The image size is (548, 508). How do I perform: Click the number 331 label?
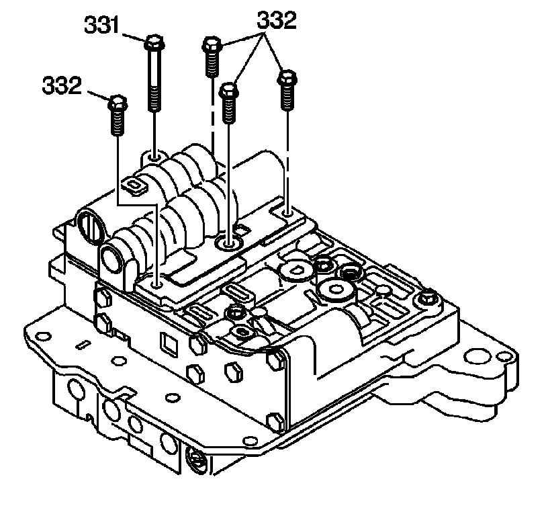click(101, 26)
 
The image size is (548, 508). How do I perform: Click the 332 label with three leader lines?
click(277, 20)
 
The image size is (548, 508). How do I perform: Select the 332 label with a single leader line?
click(62, 85)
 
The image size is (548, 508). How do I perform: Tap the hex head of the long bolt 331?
click(154, 42)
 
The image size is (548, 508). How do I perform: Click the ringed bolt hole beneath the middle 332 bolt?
click(228, 243)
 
